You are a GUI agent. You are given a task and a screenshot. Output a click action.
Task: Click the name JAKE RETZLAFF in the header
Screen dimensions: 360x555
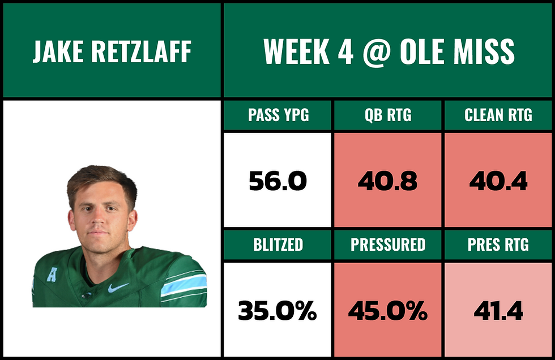click(111, 52)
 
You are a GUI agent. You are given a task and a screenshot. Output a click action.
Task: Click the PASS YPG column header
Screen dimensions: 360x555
click(277, 115)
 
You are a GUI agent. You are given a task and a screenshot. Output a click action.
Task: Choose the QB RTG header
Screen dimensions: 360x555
click(388, 115)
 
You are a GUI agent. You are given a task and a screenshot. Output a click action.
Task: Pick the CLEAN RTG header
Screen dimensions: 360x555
click(498, 115)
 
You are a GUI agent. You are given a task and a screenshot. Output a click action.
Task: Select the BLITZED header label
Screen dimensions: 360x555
click(277, 245)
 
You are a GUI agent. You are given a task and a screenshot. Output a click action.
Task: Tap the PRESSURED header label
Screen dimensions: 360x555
click(388, 245)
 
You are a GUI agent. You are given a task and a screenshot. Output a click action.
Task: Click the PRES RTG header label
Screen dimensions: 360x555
click(498, 245)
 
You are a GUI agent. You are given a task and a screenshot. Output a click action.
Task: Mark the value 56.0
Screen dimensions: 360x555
click(277, 181)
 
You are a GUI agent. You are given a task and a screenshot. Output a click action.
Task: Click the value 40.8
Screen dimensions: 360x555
click(388, 181)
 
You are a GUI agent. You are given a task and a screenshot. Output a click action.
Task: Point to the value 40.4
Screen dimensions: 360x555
click(498, 181)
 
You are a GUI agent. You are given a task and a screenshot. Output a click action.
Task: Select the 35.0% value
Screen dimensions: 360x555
click(277, 311)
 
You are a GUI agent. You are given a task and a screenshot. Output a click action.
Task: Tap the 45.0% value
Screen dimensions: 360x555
click(388, 311)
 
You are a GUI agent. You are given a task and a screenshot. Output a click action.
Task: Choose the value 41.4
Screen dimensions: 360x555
click(498, 311)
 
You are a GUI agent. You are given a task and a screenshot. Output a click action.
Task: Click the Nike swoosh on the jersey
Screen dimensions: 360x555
click(118, 288)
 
